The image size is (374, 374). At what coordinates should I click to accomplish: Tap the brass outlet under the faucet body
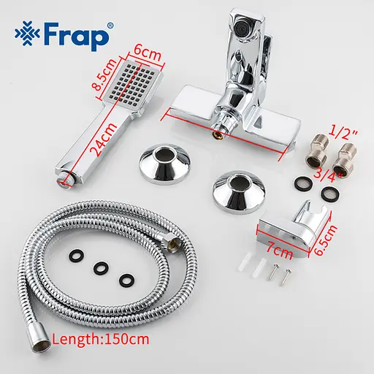(x=219, y=134)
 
